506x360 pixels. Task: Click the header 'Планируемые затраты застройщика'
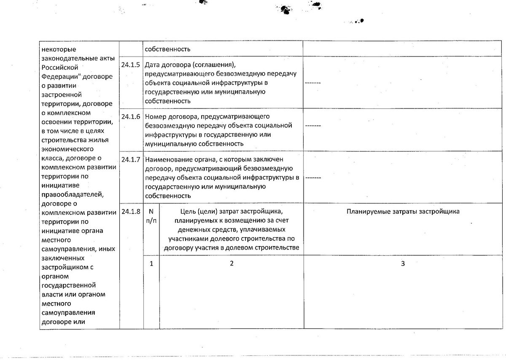(x=403, y=211)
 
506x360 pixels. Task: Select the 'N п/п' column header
(x=151, y=215)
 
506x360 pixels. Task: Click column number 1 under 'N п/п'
(x=151, y=263)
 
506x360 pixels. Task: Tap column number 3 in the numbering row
(x=403, y=263)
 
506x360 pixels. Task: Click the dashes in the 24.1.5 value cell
(x=312, y=83)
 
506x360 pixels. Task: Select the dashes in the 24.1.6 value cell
(x=312, y=126)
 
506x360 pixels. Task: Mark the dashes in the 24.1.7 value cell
(x=312, y=177)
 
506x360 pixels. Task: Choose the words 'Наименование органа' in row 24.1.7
(x=176, y=160)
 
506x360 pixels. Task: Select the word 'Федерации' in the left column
(x=59, y=77)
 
